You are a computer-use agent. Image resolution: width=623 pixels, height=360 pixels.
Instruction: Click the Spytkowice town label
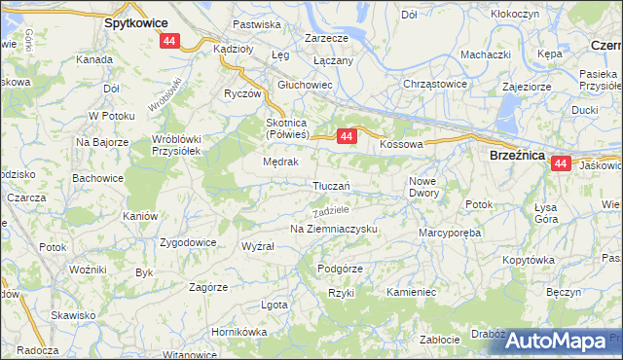coord(135,21)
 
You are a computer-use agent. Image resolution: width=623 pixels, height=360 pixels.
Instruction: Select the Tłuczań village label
coord(332,186)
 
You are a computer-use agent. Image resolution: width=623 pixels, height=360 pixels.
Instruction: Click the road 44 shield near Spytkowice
coord(170,41)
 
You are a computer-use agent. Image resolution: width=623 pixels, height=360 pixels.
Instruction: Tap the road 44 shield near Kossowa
coord(347,138)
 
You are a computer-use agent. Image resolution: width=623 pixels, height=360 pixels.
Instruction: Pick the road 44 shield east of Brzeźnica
coord(560,164)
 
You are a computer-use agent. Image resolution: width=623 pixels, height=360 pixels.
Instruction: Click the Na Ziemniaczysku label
coord(333,229)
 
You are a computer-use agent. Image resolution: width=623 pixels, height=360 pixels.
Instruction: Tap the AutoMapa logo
coord(557,341)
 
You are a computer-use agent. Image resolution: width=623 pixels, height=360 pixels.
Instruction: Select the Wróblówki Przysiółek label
coord(175,143)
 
